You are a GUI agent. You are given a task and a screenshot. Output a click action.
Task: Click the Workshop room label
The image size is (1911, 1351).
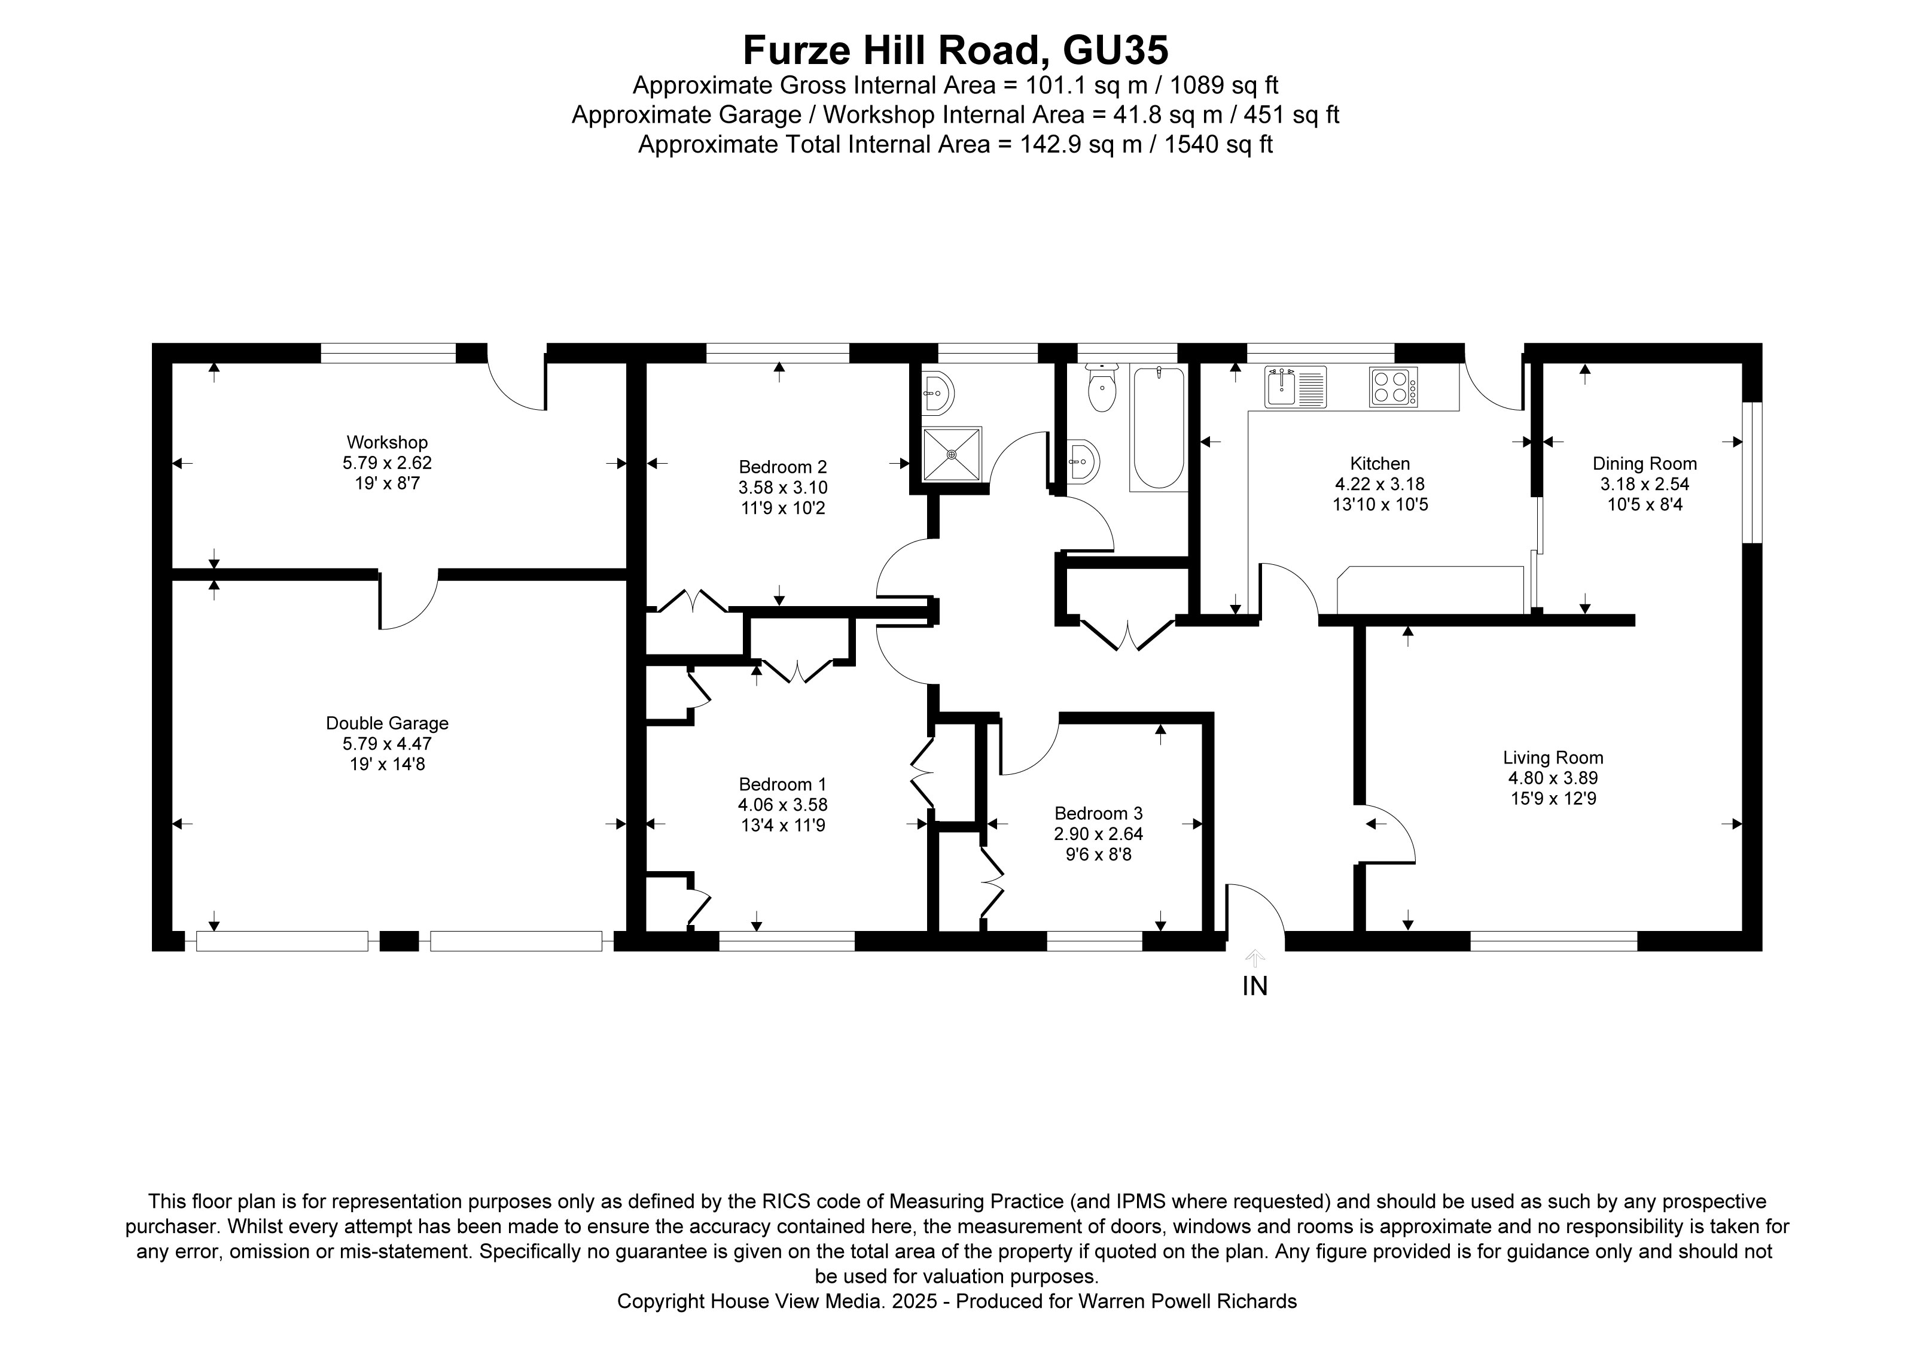387,442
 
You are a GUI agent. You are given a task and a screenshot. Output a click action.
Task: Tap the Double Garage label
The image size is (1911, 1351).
387,723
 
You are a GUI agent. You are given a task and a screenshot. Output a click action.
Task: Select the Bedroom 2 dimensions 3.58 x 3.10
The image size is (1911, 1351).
782,488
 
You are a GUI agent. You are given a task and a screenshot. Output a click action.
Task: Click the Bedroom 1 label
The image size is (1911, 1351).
782,784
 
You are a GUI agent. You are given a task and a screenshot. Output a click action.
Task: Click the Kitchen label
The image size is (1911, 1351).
1379,464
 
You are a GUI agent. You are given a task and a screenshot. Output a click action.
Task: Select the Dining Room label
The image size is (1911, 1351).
1644,464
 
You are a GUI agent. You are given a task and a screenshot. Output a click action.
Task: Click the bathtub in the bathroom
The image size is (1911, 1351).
1159,428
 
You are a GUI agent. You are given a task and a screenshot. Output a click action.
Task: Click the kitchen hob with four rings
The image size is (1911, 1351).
1392,387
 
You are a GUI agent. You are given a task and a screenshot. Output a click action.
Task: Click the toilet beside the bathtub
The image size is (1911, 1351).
1102,391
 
